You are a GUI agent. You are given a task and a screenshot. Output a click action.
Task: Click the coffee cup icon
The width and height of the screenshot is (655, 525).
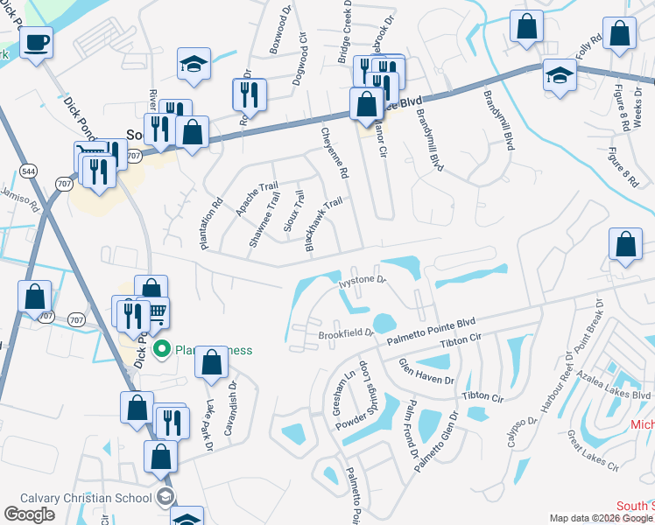36,42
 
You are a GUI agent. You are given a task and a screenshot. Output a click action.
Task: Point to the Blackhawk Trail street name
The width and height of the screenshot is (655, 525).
323,225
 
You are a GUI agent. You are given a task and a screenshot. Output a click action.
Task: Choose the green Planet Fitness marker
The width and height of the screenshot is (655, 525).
161,350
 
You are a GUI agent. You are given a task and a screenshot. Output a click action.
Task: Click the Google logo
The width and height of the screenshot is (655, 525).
30,514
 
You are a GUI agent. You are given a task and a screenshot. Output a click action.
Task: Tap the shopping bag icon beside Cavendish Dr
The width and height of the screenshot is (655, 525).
212,363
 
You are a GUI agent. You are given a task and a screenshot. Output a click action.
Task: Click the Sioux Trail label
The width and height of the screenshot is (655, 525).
293,211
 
